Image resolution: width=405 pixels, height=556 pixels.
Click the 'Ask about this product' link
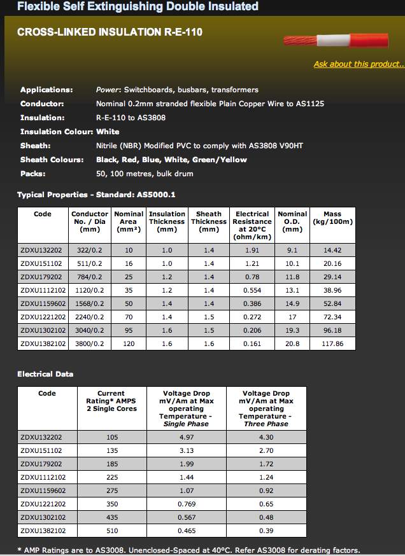(x=359, y=64)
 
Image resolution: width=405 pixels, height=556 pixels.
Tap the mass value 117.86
(x=332, y=344)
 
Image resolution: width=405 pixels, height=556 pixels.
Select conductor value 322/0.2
(x=90, y=251)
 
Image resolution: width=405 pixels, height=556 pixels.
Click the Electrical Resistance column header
(x=252, y=225)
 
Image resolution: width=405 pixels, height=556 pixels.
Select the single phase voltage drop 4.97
(x=186, y=437)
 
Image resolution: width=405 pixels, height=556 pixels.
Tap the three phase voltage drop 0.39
(x=266, y=530)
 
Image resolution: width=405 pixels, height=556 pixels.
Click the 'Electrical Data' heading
(x=45, y=374)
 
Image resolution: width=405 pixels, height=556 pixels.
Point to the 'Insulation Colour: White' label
(x=69, y=132)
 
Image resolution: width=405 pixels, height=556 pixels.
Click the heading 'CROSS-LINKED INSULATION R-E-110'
(x=110, y=31)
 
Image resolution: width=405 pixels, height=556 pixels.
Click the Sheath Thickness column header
(x=209, y=221)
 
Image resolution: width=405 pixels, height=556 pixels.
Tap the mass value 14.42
(x=332, y=251)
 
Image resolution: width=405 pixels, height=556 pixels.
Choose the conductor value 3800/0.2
(x=90, y=344)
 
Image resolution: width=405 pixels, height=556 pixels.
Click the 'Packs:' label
(x=33, y=174)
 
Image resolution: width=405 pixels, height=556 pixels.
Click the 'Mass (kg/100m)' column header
(x=332, y=218)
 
